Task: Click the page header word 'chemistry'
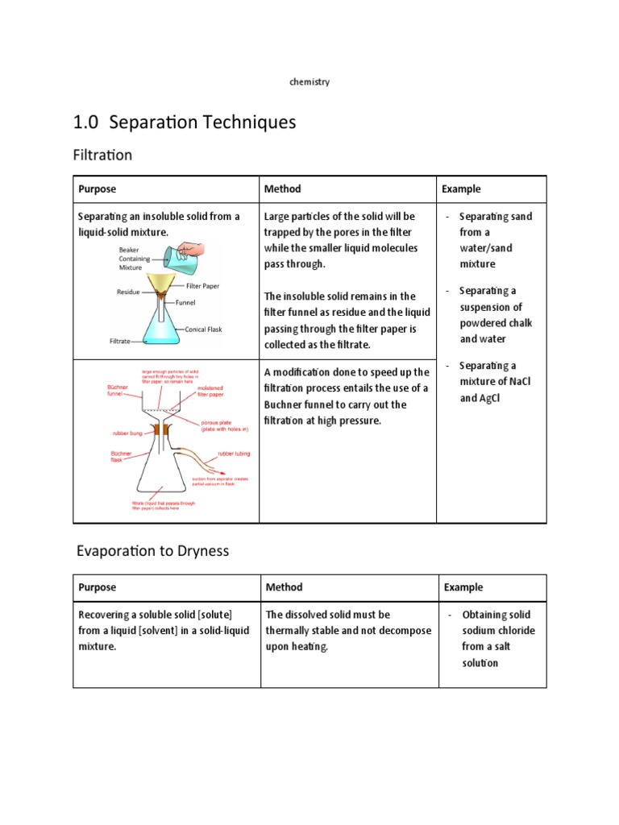click(x=309, y=82)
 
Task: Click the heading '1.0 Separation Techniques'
click(x=185, y=122)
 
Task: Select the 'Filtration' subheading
click(x=102, y=155)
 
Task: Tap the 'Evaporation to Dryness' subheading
click(x=152, y=551)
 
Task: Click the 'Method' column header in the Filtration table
click(x=283, y=189)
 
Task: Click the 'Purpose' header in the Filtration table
click(x=97, y=189)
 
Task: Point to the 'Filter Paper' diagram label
click(x=202, y=286)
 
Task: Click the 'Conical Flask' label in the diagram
click(x=203, y=329)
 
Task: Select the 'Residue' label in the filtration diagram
click(x=128, y=292)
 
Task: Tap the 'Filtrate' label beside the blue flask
click(x=120, y=342)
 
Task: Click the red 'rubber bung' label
click(x=127, y=433)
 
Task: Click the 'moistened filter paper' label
click(x=210, y=391)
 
